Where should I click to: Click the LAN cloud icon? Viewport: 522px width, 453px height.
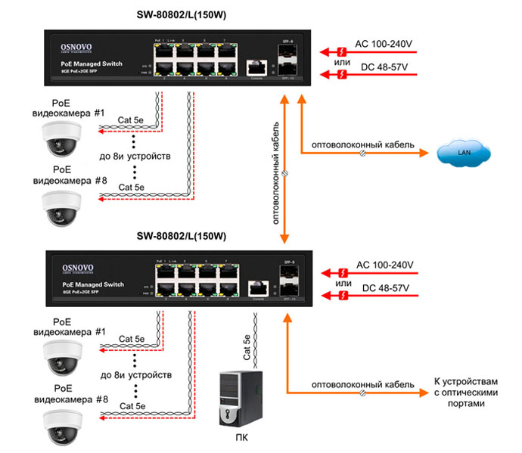pos(464,154)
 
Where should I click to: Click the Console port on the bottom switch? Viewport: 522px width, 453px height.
pos(257,288)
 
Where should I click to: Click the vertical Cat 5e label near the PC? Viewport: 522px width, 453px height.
pos(247,345)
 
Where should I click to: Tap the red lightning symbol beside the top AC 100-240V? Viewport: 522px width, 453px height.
pos(342,51)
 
